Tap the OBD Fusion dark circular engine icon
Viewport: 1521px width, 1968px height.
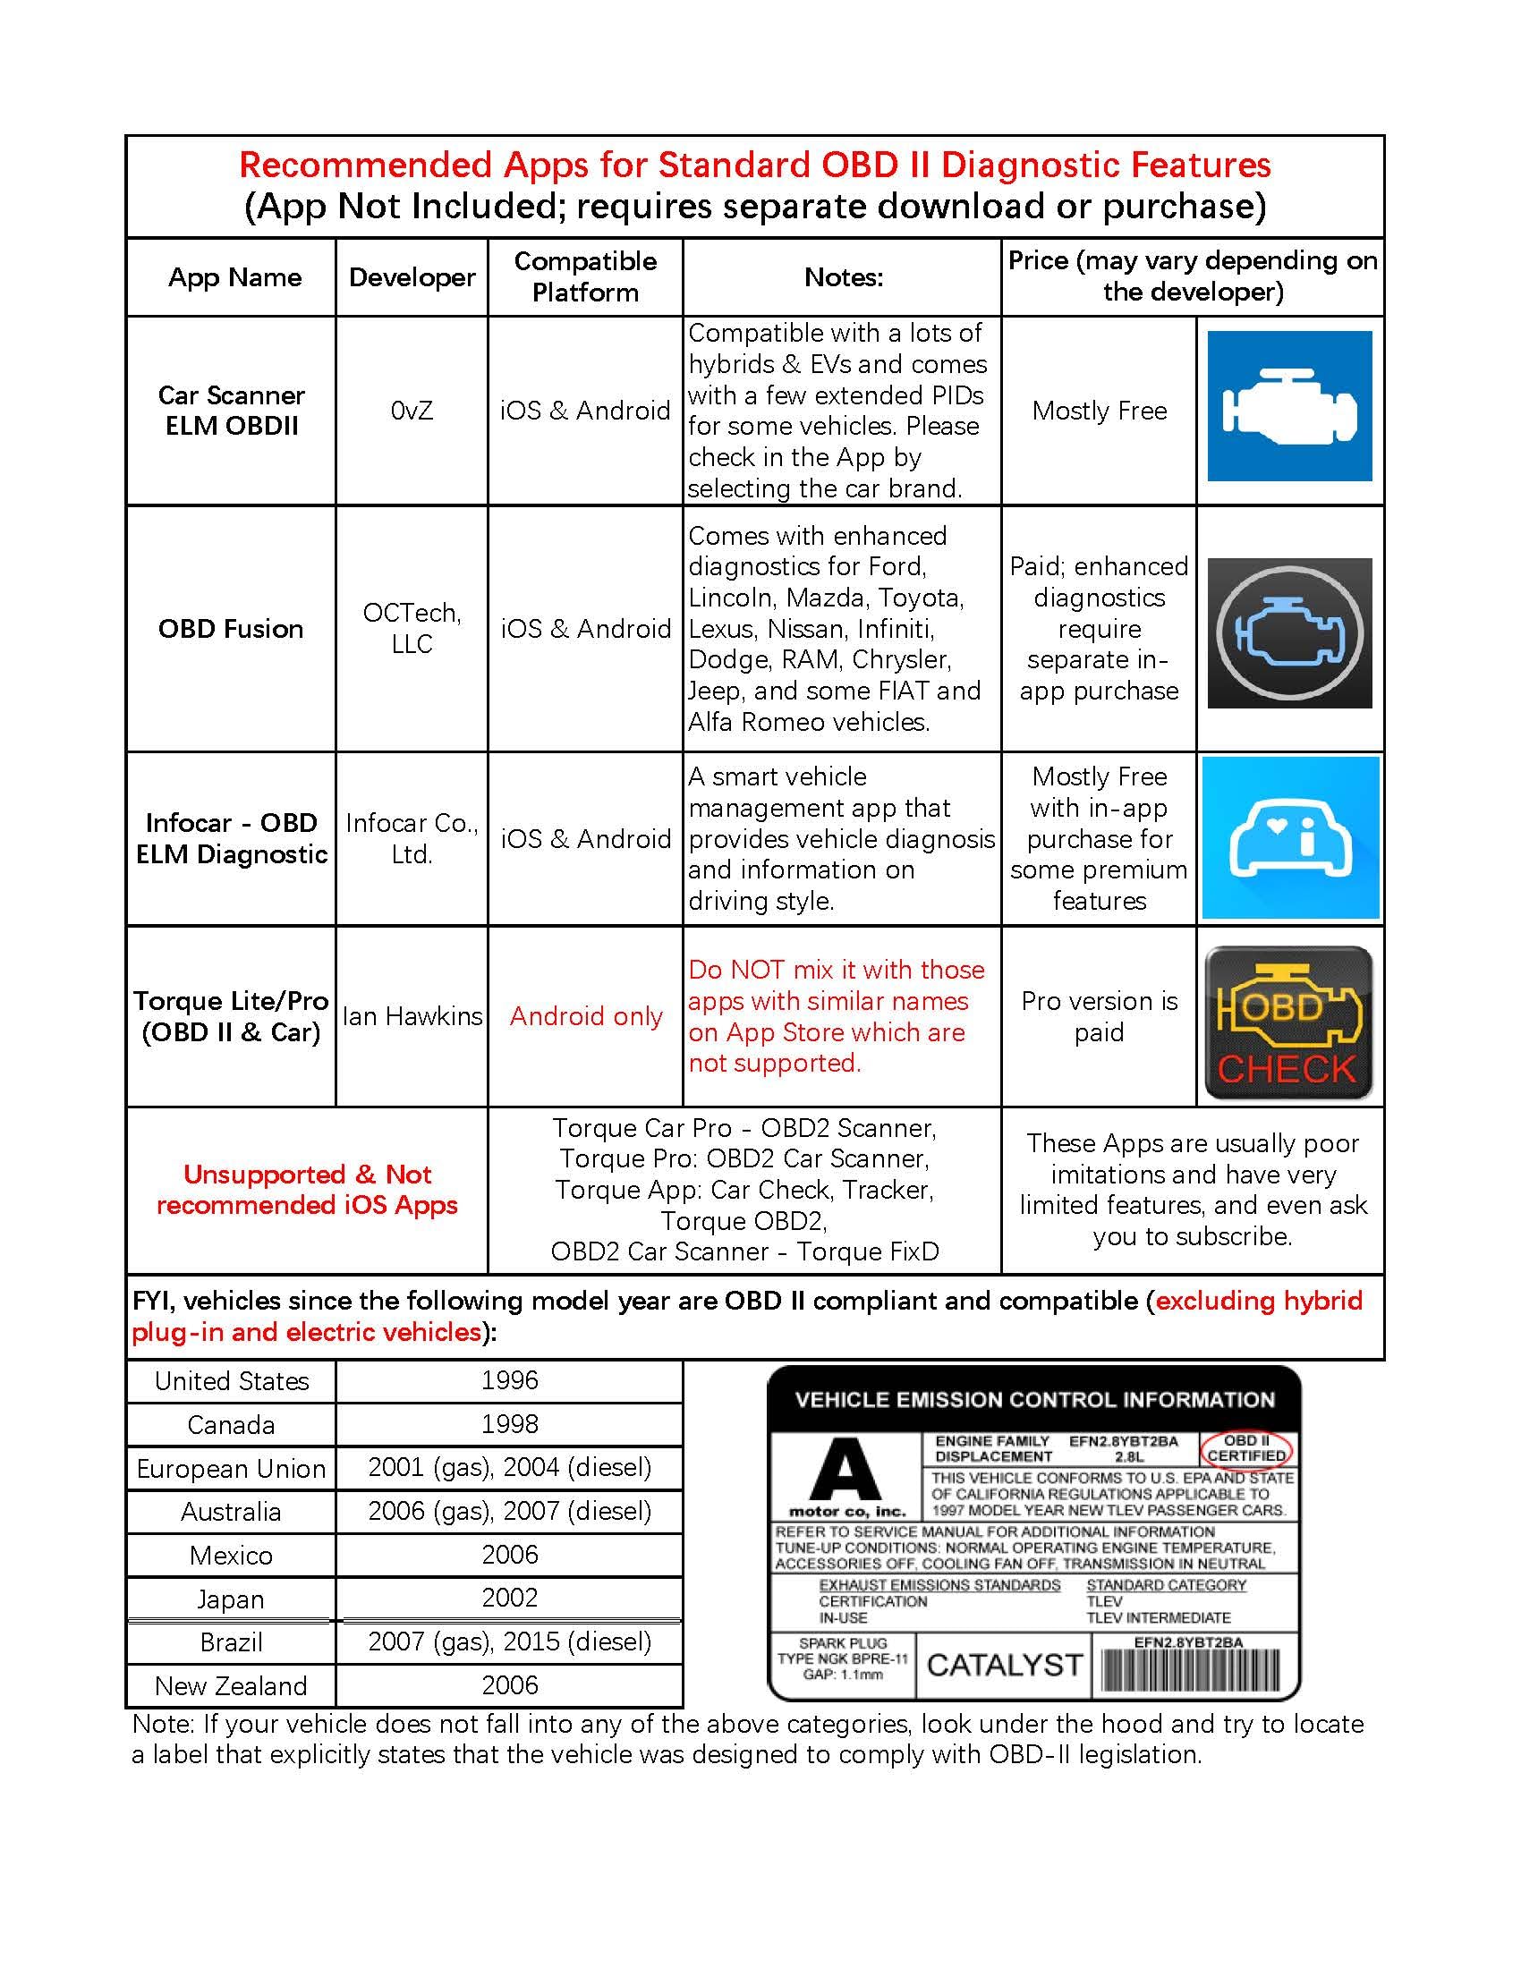point(1288,632)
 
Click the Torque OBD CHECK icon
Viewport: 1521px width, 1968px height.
point(1288,1022)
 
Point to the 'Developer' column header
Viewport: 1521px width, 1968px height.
point(412,277)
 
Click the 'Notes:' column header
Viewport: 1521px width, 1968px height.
point(843,277)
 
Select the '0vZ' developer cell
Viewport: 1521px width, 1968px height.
point(412,411)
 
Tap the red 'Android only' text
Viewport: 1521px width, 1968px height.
point(586,1016)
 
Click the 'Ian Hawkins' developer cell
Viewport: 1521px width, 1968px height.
point(412,1016)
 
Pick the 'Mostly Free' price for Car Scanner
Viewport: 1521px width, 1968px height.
point(1100,411)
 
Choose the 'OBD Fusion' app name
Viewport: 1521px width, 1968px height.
point(231,629)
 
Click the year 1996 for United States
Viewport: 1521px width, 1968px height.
point(509,1380)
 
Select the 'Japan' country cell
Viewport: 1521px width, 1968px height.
point(231,1599)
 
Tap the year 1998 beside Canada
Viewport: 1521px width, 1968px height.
point(509,1424)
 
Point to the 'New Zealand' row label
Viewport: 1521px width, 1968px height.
point(231,1686)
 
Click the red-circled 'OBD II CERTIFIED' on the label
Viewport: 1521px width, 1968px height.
point(1246,1448)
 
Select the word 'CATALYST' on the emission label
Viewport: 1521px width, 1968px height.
point(1004,1666)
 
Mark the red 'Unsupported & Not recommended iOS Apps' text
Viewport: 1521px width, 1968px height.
point(306,1190)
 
